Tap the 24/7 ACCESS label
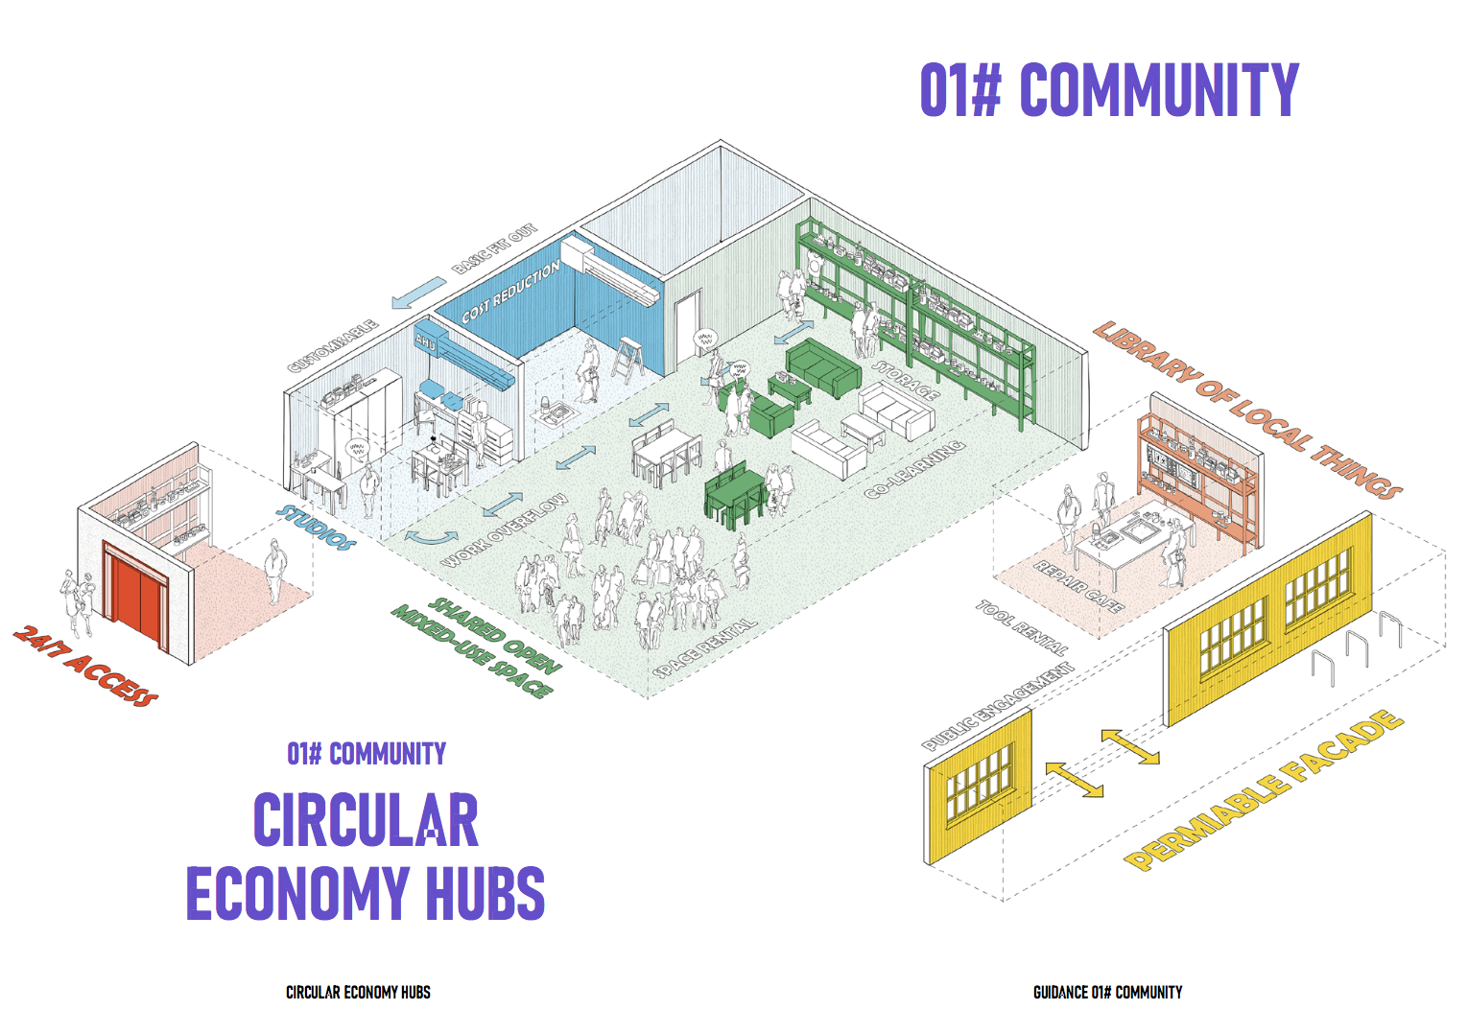tap(86, 665)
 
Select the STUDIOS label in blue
tap(316, 527)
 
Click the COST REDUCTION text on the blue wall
tap(510, 292)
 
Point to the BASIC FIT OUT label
tap(495, 249)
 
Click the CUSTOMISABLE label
tap(333, 346)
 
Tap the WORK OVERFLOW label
tap(504, 530)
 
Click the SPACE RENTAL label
tap(704, 647)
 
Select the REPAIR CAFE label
tap(1078, 585)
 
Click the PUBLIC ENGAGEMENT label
tap(998, 705)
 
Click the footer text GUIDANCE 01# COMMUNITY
tap(1107, 993)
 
